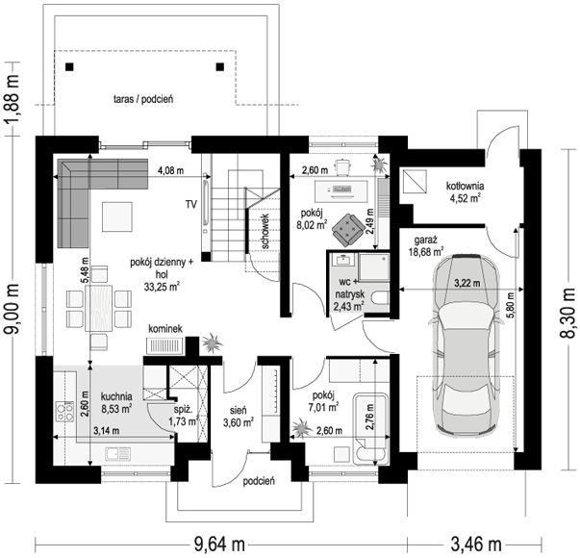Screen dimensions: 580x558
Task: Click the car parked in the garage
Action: coord(467,344)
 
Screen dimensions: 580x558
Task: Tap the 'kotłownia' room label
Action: coord(465,186)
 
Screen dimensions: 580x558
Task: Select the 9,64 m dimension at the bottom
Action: coord(219,545)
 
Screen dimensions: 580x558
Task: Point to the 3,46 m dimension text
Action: coord(476,545)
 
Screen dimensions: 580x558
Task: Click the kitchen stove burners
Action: coord(64,412)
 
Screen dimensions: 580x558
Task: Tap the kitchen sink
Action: coord(117,453)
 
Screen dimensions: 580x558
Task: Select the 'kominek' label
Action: coord(165,329)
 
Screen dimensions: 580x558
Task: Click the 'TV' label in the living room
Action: coord(191,204)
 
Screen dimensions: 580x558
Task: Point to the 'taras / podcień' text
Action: coord(143,99)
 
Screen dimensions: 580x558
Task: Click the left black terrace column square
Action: coord(69,67)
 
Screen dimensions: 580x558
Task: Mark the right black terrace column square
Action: coord(220,67)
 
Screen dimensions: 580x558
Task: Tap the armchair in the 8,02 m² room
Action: coord(347,230)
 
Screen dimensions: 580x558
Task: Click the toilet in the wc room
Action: coord(381,298)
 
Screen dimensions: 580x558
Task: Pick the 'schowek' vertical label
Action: coord(265,231)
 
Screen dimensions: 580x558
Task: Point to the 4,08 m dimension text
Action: coord(170,171)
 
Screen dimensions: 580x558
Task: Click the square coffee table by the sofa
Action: coord(117,216)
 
